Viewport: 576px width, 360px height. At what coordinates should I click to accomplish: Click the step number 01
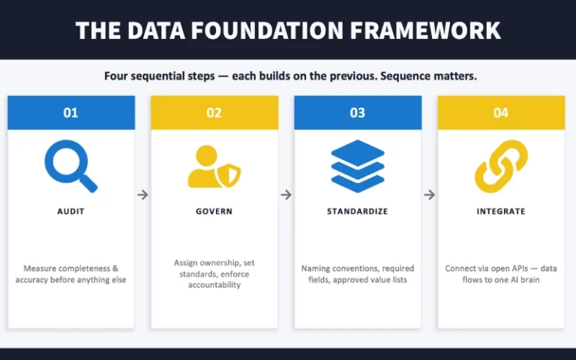coord(70,113)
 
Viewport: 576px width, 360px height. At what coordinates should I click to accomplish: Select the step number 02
coord(214,113)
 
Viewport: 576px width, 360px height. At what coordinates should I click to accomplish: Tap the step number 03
coord(358,113)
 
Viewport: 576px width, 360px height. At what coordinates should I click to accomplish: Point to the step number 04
coord(501,113)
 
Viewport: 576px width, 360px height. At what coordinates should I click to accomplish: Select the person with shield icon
coord(214,166)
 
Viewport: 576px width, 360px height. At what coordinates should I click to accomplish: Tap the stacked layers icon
coord(358,166)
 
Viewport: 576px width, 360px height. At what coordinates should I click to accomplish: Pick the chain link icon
coord(501,166)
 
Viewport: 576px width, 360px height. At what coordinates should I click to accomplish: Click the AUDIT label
coord(70,211)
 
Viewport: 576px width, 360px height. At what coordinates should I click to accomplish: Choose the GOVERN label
coord(214,211)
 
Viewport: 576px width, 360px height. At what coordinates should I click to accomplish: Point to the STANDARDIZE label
coord(358,211)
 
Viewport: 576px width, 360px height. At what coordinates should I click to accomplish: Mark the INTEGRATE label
coord(501,211)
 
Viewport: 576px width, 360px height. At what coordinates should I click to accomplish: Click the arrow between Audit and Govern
coord(142,195)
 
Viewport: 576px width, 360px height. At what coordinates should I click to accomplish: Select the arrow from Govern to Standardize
coord(286,195)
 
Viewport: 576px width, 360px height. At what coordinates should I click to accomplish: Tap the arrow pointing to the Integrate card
coord(430,195)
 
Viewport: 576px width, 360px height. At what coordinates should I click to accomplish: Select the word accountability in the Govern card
coord(214,285)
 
